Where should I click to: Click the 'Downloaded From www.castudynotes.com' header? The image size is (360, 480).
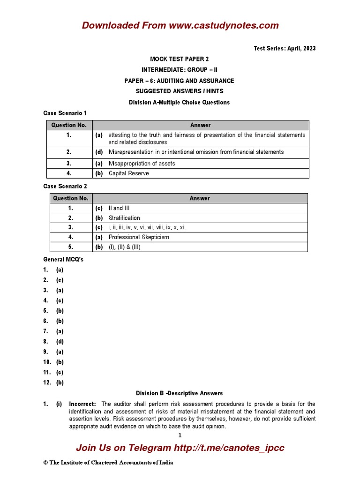pyautogui.click(x=180, y=25)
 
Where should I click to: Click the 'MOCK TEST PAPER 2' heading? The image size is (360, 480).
pyautogui.click(x=180, y=59)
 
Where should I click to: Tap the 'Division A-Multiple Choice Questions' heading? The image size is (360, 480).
pyautogui.click(x=180, y=102)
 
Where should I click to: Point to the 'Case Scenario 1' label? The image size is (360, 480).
pyautogui.click(x=65, y=113)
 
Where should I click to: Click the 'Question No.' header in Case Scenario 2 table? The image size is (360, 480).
pyautogui.click(x=71, y=198)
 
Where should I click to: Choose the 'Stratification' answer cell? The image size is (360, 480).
pyautogui.click(x=124, y=218)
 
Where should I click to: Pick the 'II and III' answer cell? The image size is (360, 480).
pyautogui.click(x=121, y=208)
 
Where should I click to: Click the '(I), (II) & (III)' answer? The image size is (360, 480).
pyautogui.click(x=125, y=247)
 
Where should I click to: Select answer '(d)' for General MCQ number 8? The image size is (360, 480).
pyautogui.click(x=60, y=342)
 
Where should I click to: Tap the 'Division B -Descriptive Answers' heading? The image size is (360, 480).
pyautogui.click(x=180, y=393)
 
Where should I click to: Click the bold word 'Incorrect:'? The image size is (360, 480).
pyautogui.click(x=82, y=404)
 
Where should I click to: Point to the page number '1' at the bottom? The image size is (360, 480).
pyautogui.click(x=180, y=435)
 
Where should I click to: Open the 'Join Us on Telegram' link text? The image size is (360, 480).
pyautogui.click(x=180, y=448)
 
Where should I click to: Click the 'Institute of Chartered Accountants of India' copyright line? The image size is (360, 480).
pyautogui.click(x=108, y=463)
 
